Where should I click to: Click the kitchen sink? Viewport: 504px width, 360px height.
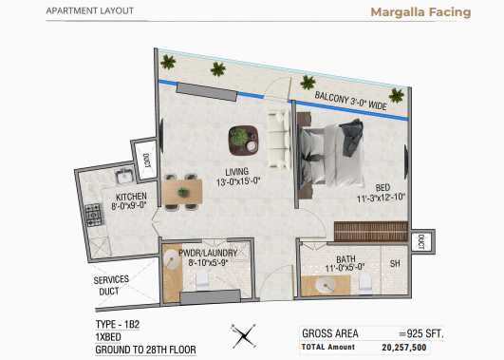124,176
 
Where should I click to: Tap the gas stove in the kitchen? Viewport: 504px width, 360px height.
95,215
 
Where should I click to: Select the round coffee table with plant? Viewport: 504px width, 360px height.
244,141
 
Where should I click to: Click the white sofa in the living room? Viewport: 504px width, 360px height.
278,140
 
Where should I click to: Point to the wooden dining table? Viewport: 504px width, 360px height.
181,192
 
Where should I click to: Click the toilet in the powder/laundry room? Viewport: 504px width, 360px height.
202,279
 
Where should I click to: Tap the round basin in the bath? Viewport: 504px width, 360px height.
326,286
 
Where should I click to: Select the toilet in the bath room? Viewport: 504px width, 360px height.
365,283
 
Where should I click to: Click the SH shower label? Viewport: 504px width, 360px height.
395,263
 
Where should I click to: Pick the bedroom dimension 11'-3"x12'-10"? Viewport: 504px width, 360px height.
382,198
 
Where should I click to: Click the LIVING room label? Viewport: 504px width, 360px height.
237,172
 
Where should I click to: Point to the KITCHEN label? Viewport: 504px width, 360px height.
131,197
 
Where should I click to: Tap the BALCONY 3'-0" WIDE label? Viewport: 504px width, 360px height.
350,101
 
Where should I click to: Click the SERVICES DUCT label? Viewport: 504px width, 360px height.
111,285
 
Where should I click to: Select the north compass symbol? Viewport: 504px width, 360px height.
244,336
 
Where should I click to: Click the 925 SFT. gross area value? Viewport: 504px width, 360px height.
421,333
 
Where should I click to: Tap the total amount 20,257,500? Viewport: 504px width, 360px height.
404,348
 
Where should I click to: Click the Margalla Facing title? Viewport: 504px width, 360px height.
420,12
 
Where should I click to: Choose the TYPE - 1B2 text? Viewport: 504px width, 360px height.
118,324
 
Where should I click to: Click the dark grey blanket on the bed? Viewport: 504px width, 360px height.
352,137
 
